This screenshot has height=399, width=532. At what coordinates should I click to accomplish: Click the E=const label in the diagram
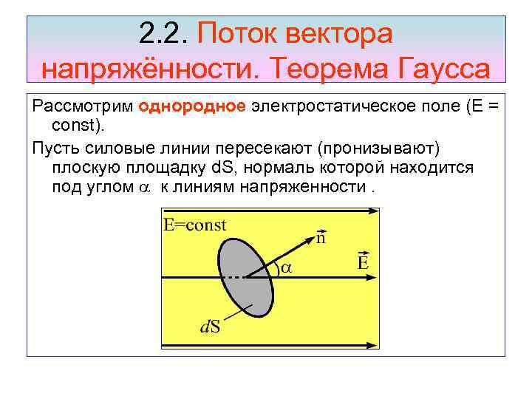pyautogui.click(x=194, y=226)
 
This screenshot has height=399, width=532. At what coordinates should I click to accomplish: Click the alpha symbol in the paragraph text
pyautogui.click(x=144, y=188)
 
